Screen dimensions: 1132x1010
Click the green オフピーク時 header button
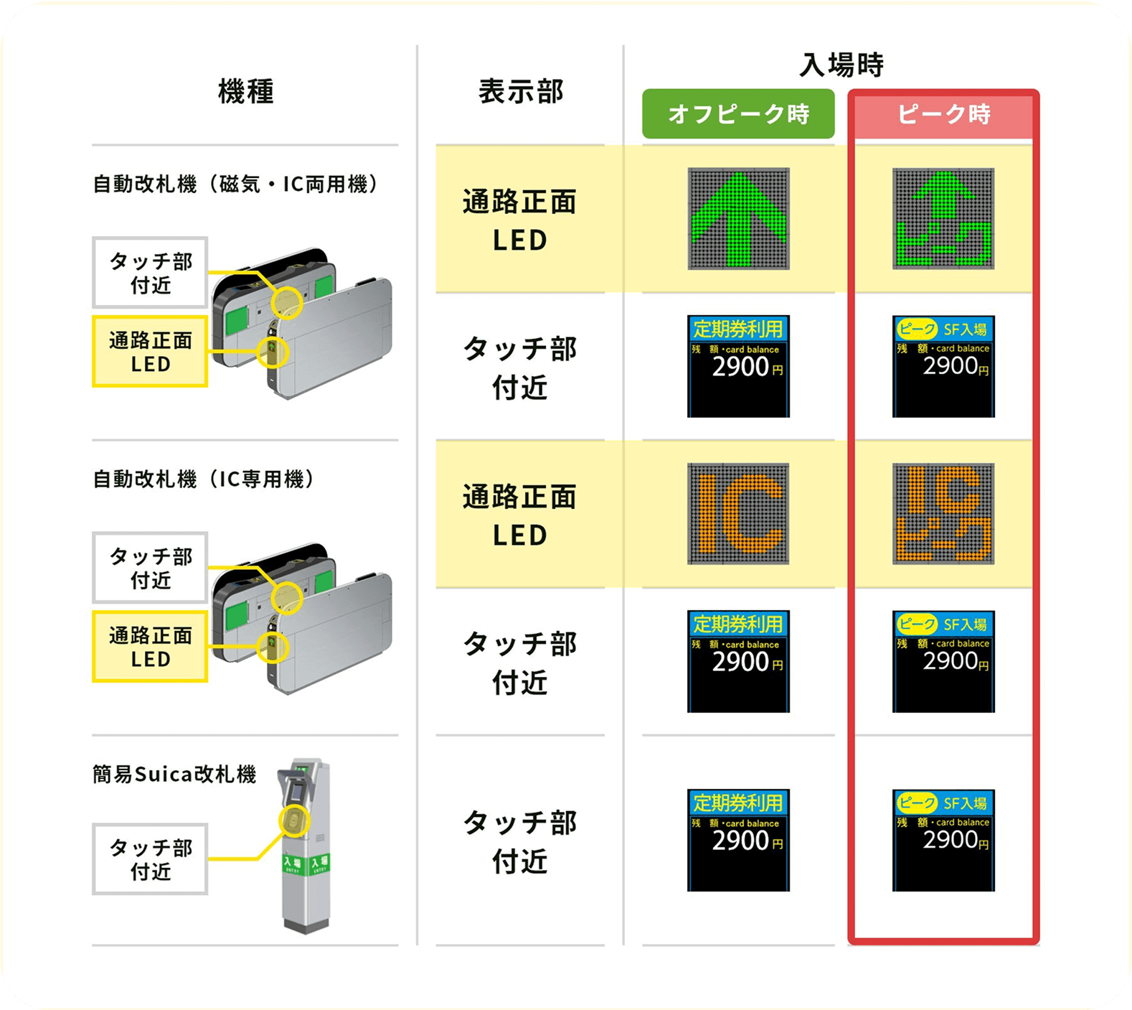pos(738,113)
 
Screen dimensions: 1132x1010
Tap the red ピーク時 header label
pos(943,114)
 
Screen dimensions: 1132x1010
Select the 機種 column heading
pos(245,92)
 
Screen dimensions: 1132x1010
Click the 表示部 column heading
pos(521,92)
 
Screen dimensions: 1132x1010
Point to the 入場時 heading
pos(841,65)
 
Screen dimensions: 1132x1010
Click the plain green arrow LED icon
pos(738,219)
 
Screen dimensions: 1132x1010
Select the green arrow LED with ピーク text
pos(943,219)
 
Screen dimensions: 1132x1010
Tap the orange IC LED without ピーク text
pos(738,514)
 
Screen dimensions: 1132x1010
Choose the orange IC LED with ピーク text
pos(943,514)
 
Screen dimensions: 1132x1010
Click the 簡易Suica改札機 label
pos(174,774)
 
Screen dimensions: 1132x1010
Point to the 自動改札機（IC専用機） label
pos(204,479)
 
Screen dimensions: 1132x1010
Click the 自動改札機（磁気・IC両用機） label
pos(235,184)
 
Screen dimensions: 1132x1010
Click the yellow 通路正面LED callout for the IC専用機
pos(150,646)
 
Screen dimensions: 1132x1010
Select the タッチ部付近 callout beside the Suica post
pos(150,859)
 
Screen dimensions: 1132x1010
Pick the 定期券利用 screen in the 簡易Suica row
pos(738,840)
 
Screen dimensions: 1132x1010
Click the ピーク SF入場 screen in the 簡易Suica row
pos(943,840)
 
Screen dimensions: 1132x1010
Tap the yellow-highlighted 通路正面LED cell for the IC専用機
pos(520,515)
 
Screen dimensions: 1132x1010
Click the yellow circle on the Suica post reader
pos(293,821)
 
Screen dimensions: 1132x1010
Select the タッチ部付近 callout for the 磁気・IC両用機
pos(150,273)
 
